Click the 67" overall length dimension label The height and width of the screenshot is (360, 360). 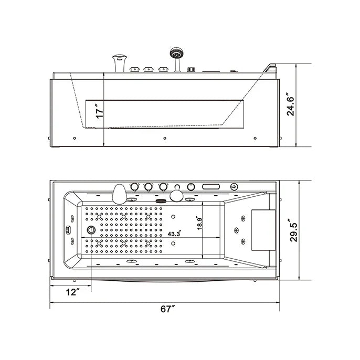[167, 309]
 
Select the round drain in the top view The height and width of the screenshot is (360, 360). [92, 229]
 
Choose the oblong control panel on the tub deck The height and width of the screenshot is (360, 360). [211, 186]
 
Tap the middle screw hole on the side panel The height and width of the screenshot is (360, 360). [165, 139]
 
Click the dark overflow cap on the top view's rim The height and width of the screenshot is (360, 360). [160, 198]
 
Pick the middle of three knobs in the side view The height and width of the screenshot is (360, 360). [149, 68]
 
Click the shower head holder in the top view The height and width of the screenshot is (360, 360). [176, 196]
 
